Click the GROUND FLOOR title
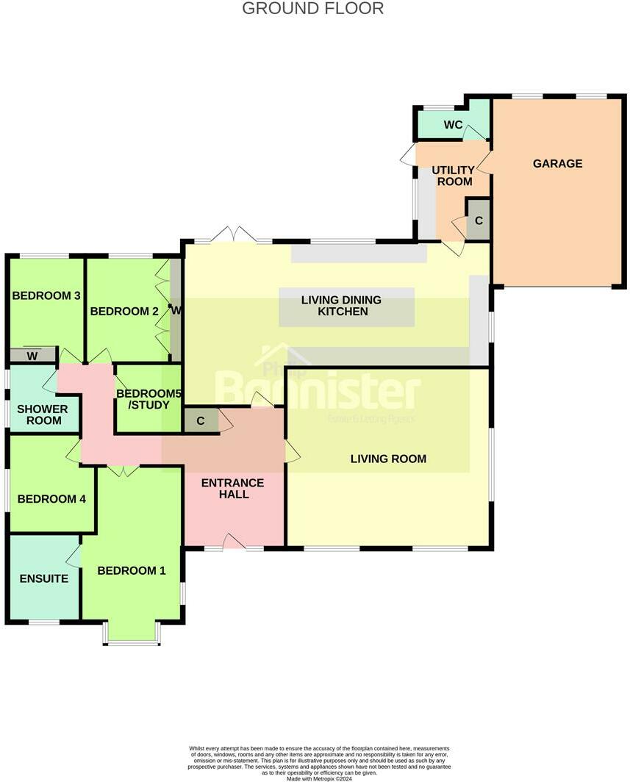pos(312,9)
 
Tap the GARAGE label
pos(557,163)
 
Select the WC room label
pos(453,125)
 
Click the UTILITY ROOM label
pos(453,176)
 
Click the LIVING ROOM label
pos(388,459)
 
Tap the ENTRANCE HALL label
pos(232,488)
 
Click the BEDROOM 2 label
pos(124,311)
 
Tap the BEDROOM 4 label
pos(51,498)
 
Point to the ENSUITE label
pos(44,578)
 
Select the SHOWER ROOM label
pos(43,415)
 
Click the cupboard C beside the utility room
pos(479,220)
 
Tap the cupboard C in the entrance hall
pos(200,422)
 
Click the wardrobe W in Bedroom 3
pos(32,356)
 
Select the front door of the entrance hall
pos(234,544)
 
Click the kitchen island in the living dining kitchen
pos(346,307)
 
